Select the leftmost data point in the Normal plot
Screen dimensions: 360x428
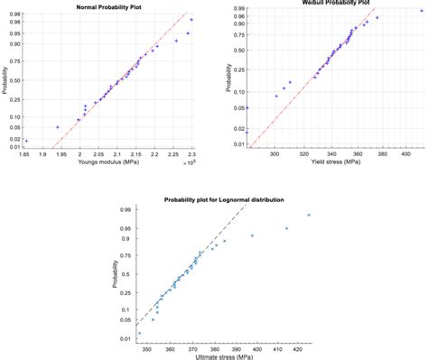pyautogui.click(x=26, y=141)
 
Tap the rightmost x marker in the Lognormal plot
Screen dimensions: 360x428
pyautogui.click(x=309, y=215)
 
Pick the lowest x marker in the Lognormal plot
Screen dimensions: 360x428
pyautogui.click(x=139, y=333)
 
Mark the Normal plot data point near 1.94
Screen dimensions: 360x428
pyautogui.click(x=58, y=127)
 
